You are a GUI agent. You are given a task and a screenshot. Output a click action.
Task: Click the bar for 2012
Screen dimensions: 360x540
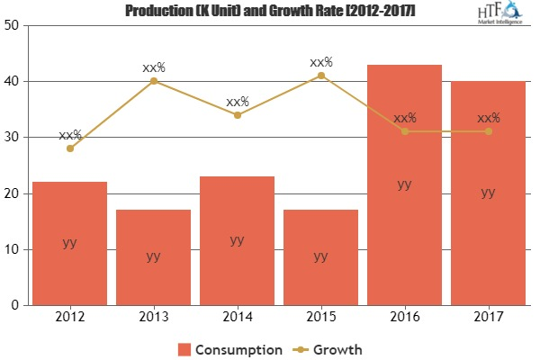[x=69, y=243]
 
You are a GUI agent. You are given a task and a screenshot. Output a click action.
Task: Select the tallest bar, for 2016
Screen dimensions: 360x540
[x=404, y=184]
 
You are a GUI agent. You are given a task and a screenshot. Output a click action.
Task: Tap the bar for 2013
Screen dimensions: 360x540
[x=153, y=257]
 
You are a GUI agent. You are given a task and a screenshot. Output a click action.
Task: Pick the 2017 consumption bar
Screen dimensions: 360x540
[x=488, y=193]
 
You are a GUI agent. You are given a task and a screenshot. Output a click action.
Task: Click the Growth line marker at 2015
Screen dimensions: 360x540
[x=320, y=76]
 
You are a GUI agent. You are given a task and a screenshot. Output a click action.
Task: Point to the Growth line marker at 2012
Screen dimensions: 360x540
[x=69, y=148]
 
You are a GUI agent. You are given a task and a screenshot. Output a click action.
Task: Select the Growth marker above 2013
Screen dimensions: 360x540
[x=153, y=81]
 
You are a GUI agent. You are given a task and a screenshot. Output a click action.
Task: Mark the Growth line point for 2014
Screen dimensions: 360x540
[x=237, y=114]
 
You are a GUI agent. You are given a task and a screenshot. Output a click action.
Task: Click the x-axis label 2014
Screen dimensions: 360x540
[x=237, y=318]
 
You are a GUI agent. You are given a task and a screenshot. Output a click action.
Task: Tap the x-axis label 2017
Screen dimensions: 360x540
[x=488, y=318]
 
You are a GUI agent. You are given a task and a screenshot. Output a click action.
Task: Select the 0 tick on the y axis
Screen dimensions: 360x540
[x=18, y=305]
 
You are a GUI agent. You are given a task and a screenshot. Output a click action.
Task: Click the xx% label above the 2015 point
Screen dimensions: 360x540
[x=320, y=62]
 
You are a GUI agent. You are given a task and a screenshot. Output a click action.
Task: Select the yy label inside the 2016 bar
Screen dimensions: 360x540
[x=404, y=184]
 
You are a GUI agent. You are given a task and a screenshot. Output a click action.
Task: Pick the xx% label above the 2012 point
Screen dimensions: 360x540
[x=69, y=135]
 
